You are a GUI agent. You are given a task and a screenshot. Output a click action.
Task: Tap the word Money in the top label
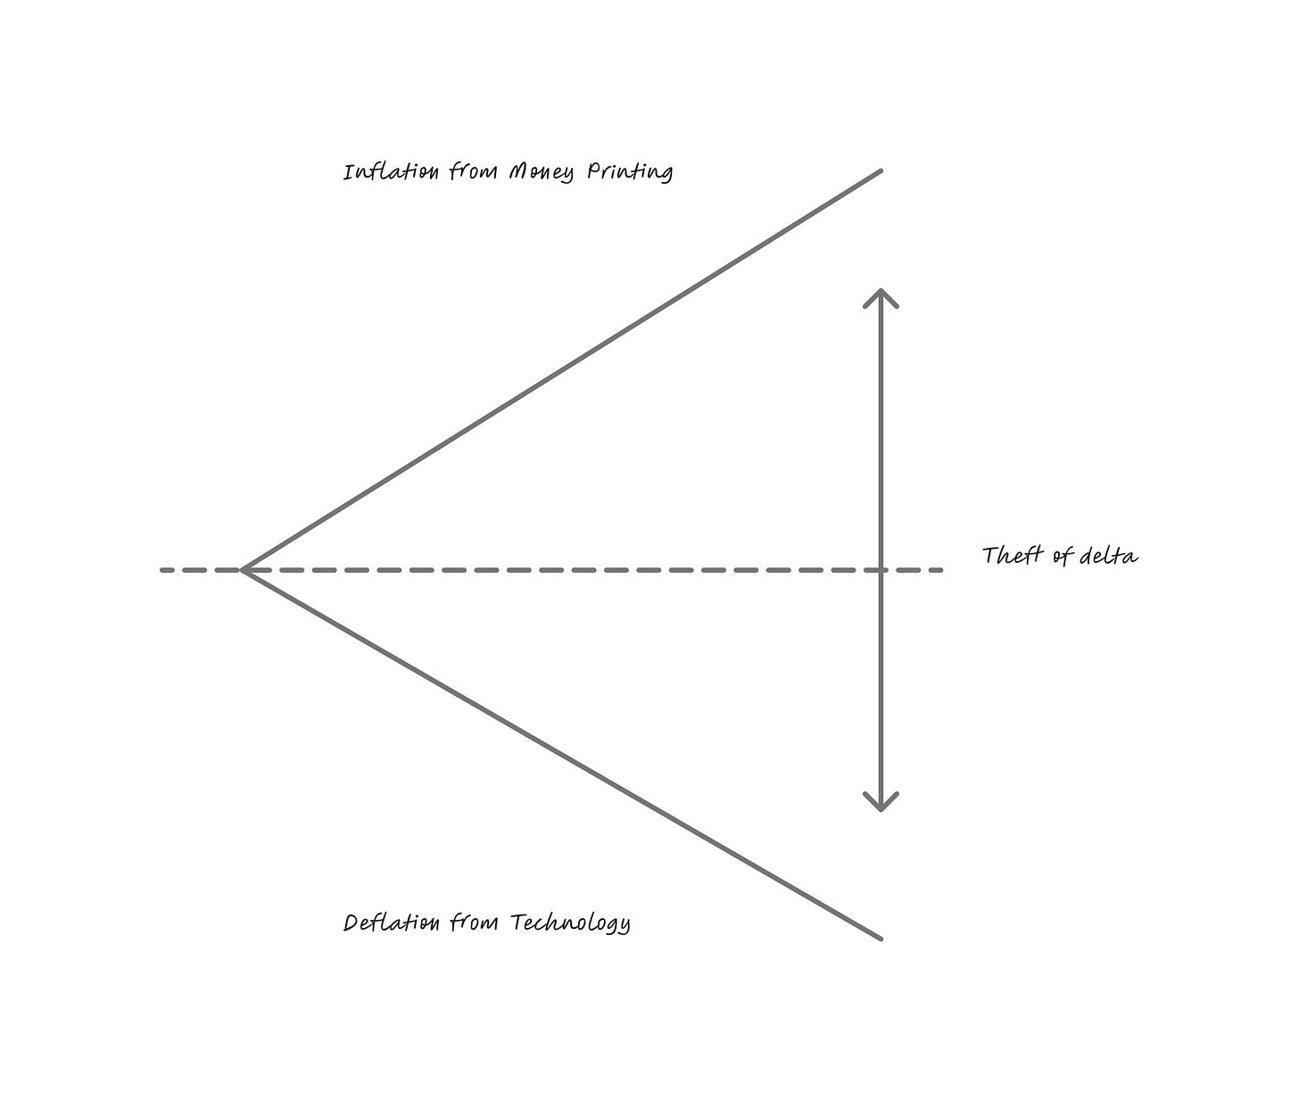pos(541,171)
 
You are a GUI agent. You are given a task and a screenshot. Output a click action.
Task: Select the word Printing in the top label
pos(629,171)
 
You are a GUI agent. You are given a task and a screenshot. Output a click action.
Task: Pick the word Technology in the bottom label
pos(570,923)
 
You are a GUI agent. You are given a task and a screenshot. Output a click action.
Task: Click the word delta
pos(1109,556)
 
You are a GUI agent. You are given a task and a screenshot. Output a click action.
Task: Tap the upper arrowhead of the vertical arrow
pos(881,294)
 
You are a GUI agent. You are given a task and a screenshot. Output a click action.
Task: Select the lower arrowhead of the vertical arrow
pos(881,806)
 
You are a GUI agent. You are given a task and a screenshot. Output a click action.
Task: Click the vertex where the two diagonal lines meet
pos(243,569)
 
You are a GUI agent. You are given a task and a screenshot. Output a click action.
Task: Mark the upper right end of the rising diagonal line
pos(881,170)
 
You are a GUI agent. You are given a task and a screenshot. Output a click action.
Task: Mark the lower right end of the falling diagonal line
pos(881,938)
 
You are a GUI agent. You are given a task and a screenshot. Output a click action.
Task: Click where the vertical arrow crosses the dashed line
pos(881,569)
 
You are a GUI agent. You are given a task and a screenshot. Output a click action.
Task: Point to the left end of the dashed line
pos(162,569)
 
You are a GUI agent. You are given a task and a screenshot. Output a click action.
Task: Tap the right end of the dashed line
pos(941,569)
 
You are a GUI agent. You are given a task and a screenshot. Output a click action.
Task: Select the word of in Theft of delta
pos(1062,556)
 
